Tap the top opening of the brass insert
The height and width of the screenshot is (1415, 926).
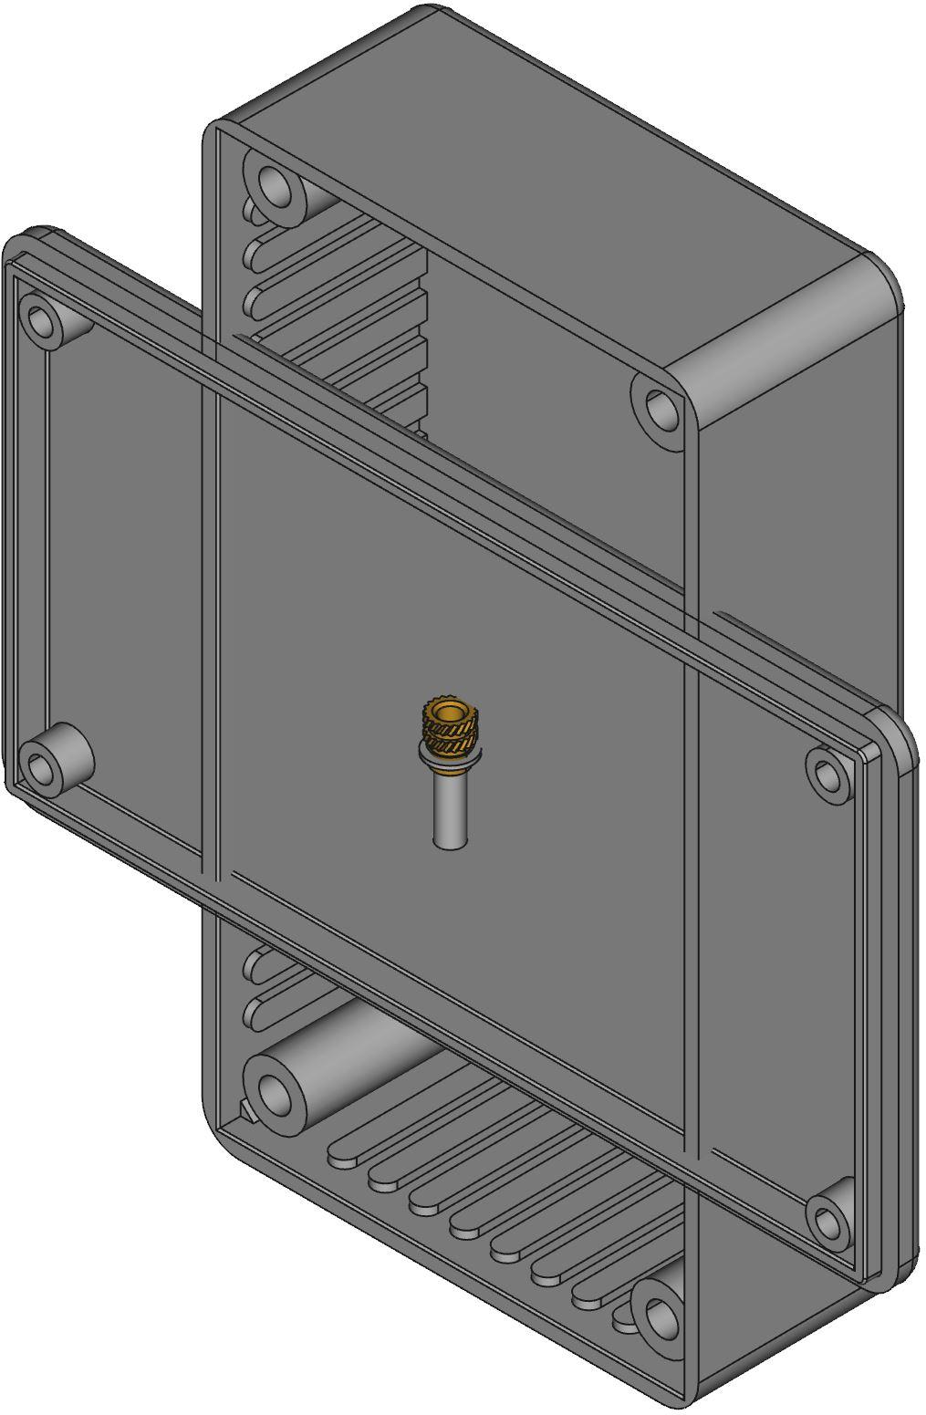point(447,711)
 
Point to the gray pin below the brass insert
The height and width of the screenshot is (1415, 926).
point(447,812)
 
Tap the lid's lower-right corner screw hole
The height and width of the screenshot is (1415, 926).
point(826,1219)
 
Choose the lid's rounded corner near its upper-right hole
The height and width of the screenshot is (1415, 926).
point(899,730)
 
